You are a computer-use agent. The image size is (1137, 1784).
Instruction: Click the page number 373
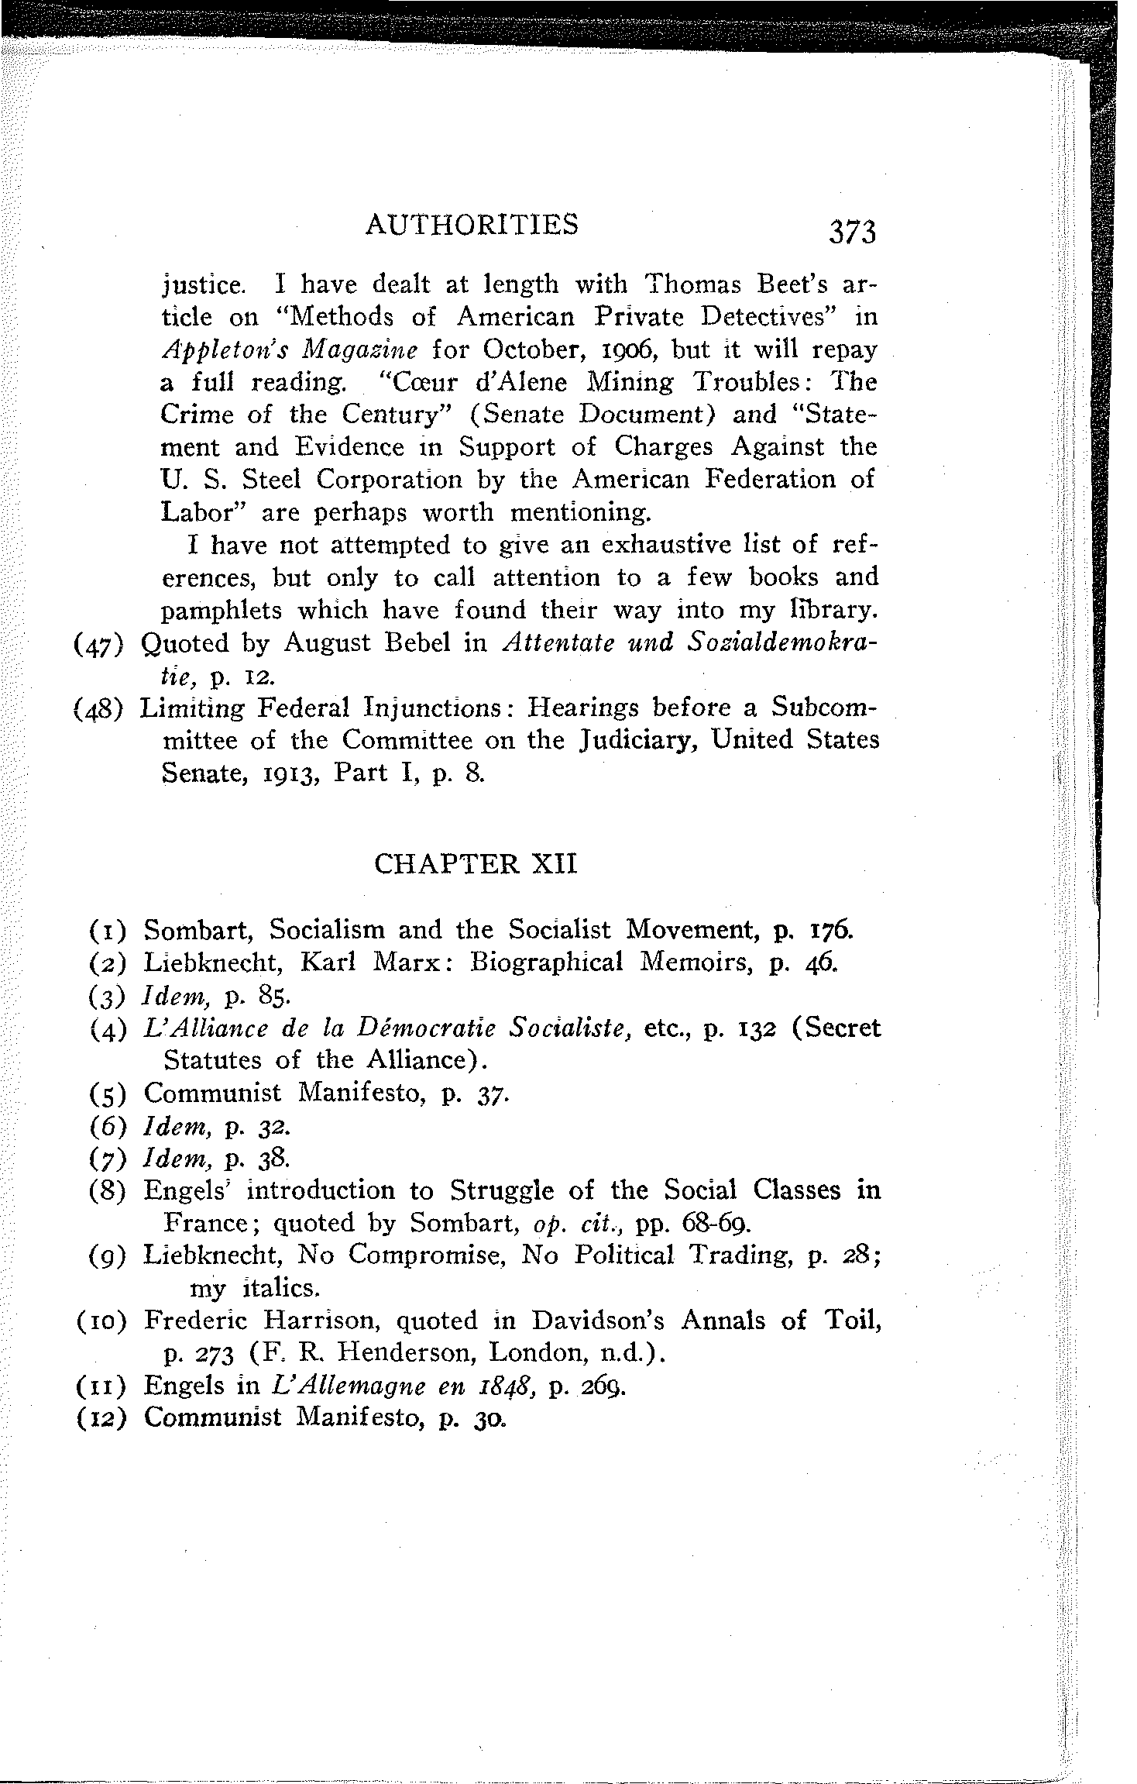[852, 232]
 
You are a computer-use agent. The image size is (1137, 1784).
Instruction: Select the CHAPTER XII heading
[476, 863]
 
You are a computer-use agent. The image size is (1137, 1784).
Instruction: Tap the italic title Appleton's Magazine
[290, 350]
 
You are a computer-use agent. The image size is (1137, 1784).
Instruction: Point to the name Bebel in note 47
[415, 643]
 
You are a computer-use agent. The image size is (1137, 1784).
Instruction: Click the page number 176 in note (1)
[832, 929]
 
